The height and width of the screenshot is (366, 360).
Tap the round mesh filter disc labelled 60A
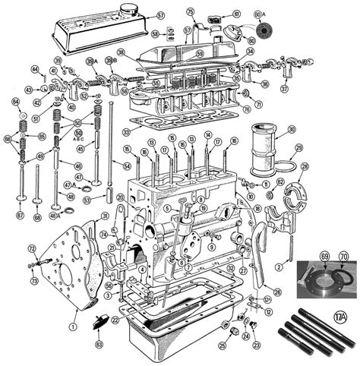click(x=265, y=27)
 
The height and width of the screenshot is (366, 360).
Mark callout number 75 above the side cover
click(x=191, y=11)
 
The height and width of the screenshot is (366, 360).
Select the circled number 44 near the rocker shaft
click(x=34, y=70)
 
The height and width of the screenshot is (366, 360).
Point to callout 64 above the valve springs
click(x=15, y=102)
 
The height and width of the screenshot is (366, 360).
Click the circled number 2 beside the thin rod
click(x=279, y=267)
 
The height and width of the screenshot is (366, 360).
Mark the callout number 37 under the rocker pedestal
click(x=284, y=88)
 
